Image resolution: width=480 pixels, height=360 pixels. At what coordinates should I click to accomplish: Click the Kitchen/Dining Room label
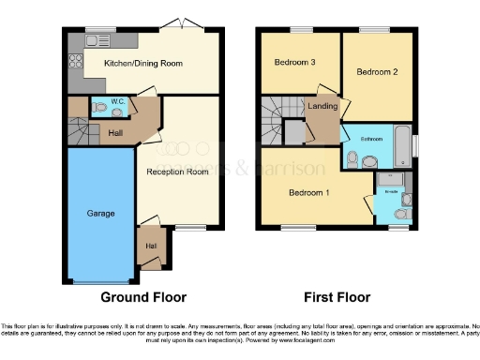click(x=142, y=64)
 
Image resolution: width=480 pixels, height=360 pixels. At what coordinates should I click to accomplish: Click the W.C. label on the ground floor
click(x=118, y=100)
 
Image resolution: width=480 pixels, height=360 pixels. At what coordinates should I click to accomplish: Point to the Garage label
click(x=101, y=214)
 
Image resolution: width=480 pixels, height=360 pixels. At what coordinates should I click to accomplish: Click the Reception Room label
click(x=176, y=172)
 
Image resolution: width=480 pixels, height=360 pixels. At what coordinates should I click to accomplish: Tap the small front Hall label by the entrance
click(x=150, y=246)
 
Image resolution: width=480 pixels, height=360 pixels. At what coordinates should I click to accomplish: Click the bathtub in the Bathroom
click(x=403, y=142)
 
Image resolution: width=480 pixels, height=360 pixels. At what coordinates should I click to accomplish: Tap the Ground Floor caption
click(x=138, y=297)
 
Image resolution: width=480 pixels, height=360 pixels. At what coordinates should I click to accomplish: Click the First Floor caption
click(x=336, y=297)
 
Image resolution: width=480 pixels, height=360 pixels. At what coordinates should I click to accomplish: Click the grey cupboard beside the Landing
click(x=293, y=133)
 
